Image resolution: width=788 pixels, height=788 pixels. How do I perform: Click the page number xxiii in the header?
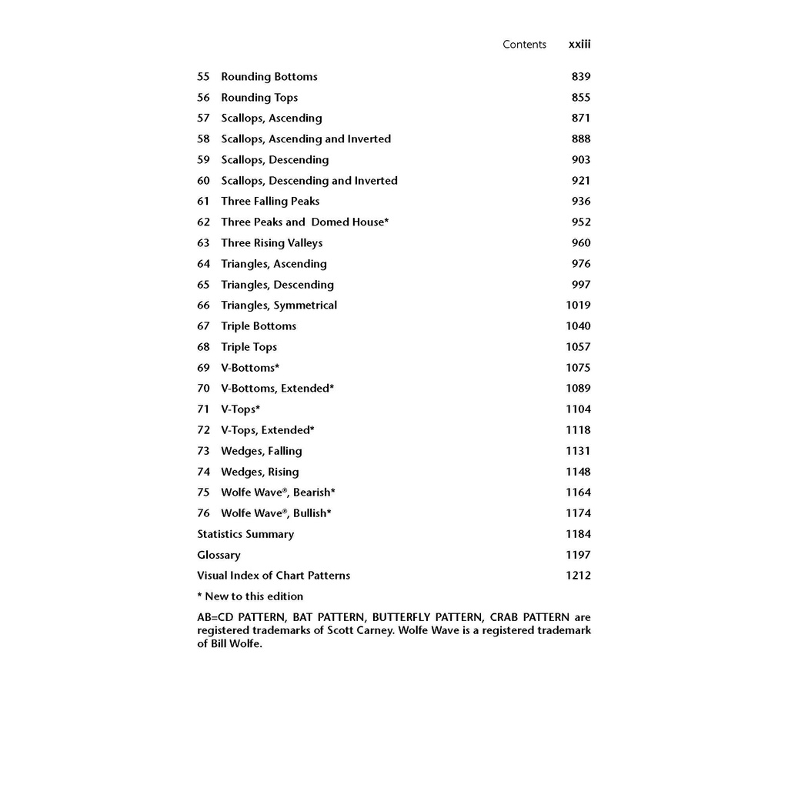[579, 45]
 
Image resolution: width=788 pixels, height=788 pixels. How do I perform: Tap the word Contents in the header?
[524, 45]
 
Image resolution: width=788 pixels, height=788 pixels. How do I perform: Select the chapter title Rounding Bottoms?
[269, 77]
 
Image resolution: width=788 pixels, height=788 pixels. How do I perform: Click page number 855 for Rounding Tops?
[581, 98]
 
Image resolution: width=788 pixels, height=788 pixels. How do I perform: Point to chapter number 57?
[203, 119]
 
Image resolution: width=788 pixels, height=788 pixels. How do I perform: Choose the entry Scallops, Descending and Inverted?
[309, 181]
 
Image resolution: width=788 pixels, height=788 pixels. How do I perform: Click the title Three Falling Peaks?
[270, 202]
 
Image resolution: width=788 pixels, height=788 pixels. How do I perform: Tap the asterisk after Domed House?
[386, 221]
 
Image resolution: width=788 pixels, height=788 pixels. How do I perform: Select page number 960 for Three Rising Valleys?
[581, 243]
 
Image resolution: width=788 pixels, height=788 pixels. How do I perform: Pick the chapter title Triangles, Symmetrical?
[279, 306]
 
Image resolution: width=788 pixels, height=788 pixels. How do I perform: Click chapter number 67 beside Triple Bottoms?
[203, 326]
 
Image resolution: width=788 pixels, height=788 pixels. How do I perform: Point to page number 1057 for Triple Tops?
[578, 347]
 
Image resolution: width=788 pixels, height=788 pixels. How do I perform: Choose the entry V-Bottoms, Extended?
[277, 389]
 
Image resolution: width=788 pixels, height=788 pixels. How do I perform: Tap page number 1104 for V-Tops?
[578, 409]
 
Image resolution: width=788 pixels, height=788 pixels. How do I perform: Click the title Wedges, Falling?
[261, 451]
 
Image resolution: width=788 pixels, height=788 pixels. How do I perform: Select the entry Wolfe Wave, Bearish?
[278, 492]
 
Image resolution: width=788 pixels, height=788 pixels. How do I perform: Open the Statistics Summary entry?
[245, 534]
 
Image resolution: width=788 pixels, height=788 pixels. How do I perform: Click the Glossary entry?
[219, 555]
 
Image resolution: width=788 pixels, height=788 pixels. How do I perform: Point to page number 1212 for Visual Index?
[578, 576]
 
